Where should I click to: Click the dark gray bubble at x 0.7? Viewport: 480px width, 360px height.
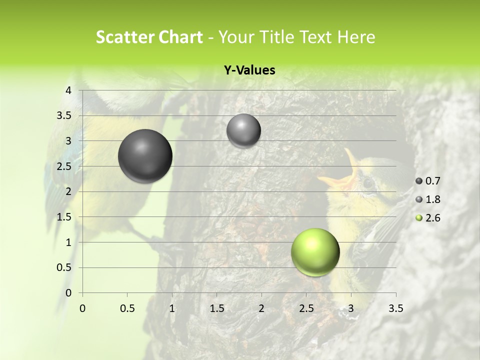[145, 156]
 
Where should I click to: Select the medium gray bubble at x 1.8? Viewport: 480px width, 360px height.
[243, 130]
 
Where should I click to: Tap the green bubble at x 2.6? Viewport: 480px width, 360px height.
[315, 252]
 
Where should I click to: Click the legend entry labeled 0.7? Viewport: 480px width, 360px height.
[428, 181]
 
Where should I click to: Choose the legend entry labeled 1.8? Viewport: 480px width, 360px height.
[428, 199]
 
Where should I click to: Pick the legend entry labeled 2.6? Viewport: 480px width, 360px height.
[428, 218]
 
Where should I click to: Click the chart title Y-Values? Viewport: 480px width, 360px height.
[249, 70]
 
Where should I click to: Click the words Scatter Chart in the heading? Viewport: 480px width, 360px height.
[149, 37]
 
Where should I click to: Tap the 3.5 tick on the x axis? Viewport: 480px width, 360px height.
[395, 309]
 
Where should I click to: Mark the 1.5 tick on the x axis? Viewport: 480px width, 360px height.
[216, 309]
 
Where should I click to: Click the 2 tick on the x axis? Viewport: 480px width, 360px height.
[261, 309]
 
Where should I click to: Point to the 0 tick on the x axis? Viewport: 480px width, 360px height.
[82, 309]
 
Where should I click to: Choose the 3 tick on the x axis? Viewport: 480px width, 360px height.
[351, 309]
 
